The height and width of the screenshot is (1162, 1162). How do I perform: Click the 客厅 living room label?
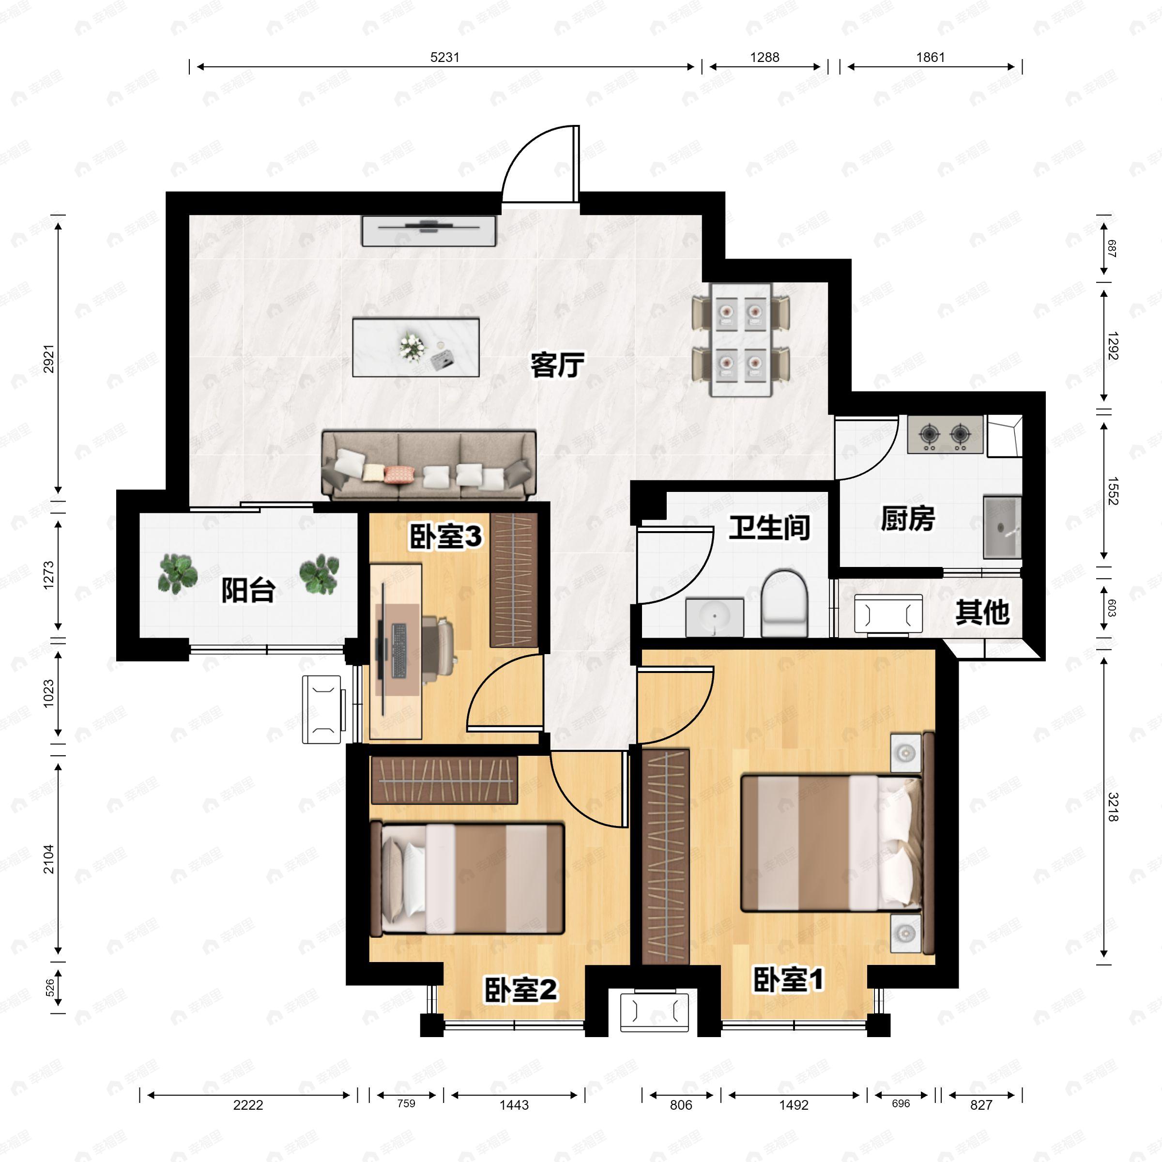point(557,365)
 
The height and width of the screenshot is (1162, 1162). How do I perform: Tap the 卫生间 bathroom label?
point(769,527)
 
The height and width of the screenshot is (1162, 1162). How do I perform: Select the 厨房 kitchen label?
point(908,519)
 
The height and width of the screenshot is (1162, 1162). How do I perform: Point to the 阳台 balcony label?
point(248,590)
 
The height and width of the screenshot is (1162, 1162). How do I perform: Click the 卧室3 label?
point(445,536)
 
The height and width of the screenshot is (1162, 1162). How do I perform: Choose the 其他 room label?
point(982,612)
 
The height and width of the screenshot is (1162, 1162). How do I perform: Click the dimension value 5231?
point(445,57)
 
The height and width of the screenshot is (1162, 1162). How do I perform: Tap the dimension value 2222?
point(248,1105)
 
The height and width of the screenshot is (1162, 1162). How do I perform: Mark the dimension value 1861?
point(931,57)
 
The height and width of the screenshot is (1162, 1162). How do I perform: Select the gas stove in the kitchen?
point(945,434)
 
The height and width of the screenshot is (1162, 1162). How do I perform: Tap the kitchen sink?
point(1002,527)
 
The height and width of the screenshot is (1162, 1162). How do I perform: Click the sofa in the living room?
point(429,465)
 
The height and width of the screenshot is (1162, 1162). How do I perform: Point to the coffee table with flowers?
point(415,348)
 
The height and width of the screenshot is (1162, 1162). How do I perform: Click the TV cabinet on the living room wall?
point(429,231)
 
